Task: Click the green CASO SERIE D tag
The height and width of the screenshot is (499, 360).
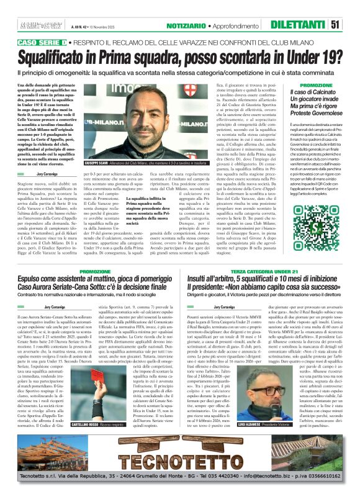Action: pyautogui.click(x=43, y=41)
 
